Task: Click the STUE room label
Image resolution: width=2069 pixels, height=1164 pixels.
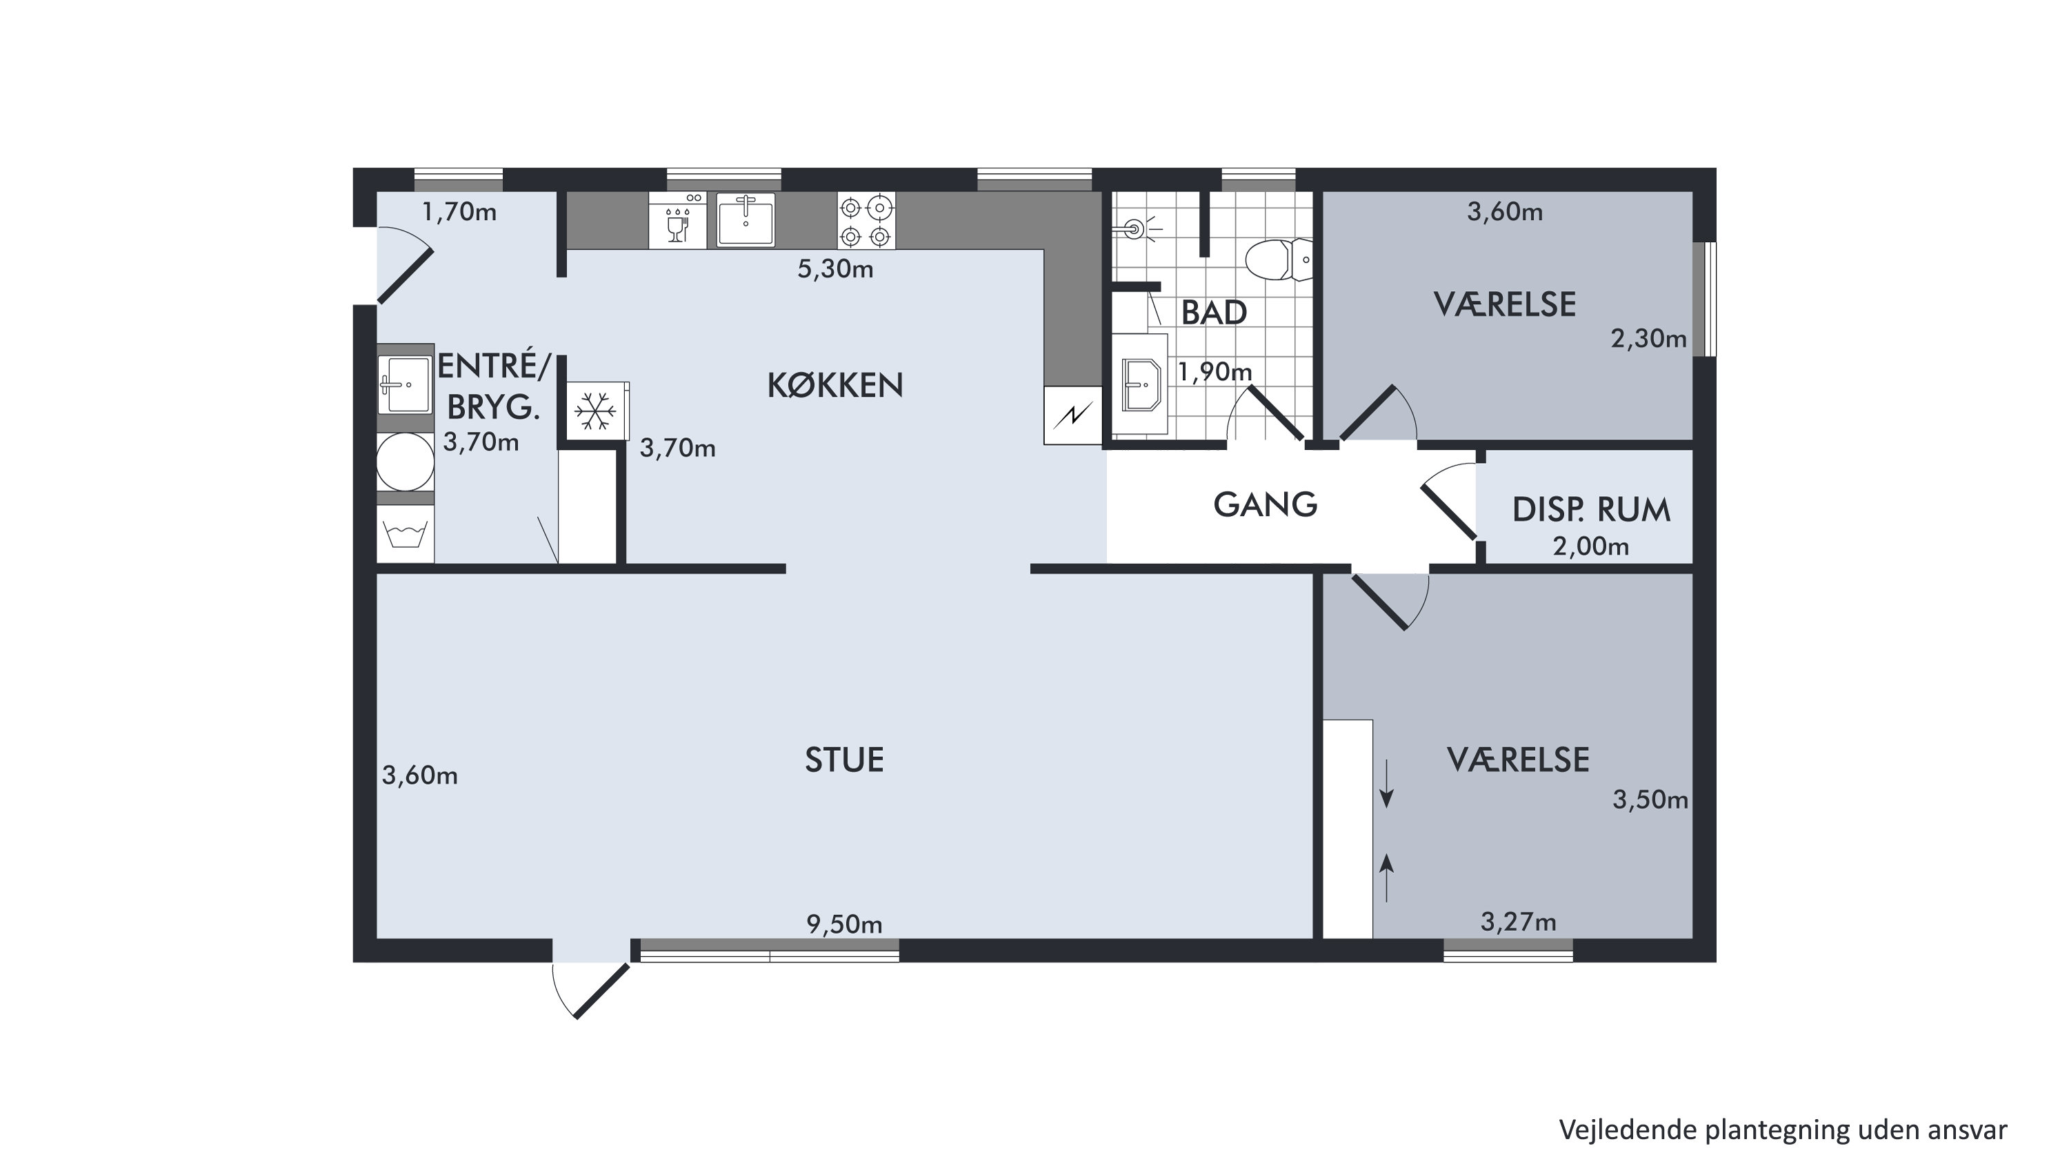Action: point(844,760)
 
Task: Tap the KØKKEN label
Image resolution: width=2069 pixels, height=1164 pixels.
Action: point(835,386)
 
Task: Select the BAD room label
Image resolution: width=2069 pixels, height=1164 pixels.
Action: point(1214,313)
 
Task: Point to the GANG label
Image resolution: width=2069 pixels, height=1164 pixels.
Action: point(1265,504)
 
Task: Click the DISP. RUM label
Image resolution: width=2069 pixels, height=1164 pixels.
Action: point(1591,510)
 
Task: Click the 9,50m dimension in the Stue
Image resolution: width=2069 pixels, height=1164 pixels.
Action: point(844,925)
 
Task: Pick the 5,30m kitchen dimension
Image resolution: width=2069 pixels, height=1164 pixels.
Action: point(835,269)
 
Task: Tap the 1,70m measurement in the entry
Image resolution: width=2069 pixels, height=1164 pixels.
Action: point(459,212)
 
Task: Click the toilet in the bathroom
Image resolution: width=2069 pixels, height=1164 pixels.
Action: point(1279,259)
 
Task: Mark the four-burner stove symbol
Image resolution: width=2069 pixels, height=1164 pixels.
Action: point(866,221)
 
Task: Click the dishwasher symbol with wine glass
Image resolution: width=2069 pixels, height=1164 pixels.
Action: point(678,220)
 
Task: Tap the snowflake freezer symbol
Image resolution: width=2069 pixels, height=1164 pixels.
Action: point(595,411)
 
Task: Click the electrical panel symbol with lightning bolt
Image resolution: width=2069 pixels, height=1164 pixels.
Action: point(1073,415)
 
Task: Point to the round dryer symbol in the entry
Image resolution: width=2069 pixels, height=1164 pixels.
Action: point(406,462)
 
